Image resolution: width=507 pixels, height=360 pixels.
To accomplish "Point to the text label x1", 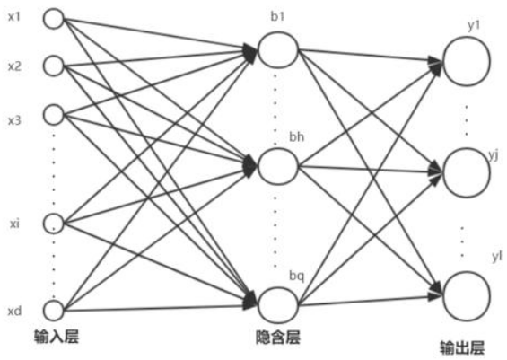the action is tap(14, 17).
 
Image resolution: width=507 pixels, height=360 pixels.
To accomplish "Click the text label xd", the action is tap(14, 311).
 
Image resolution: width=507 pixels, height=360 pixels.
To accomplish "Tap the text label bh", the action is tap(296, 137).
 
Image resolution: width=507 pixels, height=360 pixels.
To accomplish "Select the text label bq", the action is tap(296, 276).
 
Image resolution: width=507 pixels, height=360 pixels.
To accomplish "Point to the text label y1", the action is tap(474, 26).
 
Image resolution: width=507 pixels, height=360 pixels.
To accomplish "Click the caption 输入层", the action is tap(57, 337).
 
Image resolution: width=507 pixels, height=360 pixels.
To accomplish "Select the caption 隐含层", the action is tap(278, 338).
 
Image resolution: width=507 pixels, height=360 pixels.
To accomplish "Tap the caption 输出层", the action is tap(462, 347).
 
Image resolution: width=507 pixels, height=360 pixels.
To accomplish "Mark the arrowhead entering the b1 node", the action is tap(250, 52).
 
